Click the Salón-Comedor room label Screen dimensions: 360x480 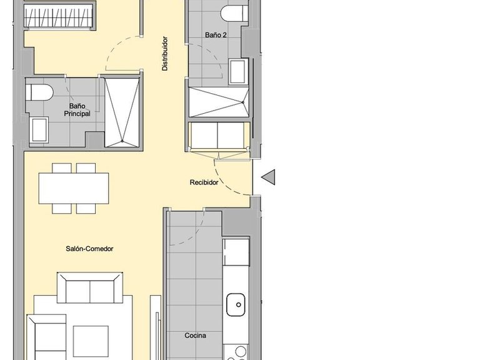point(89,249)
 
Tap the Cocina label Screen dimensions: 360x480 point(195,336)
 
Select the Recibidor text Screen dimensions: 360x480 point(204,183)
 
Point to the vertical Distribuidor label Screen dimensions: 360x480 point(165,53)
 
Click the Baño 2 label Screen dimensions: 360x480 point(215,35)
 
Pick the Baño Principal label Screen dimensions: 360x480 point(77,110)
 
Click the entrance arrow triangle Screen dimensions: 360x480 point(268,177)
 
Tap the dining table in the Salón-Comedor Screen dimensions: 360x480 point(73,188)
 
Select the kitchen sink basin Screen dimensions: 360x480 point(236,306)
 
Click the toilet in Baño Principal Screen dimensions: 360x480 point(39,92)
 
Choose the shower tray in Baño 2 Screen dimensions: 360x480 point(218,102)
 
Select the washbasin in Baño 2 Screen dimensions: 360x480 point(238,72)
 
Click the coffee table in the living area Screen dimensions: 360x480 point(91,341)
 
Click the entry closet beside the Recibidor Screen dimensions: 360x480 point(219,136)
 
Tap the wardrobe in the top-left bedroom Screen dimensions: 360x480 point(59,15)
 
